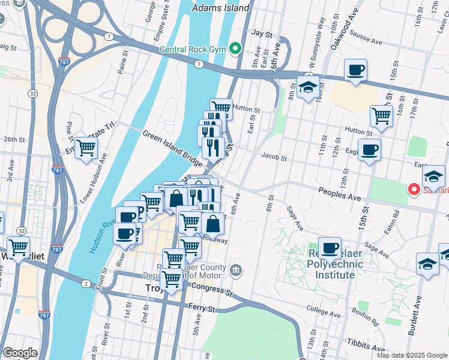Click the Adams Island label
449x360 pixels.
pyautogui.click(x=220, y=8)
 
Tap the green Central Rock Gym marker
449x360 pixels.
pyautogui.click(x=235, y=49)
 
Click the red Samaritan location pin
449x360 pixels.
pyautogui.click(x=414, y=190)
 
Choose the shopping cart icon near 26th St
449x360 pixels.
pyautogui.click(x=86, y=147)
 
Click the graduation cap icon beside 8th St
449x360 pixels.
pyautogui.click(x=308, y=87)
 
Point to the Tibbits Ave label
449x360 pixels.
pyautogui.click(x=366, y=347)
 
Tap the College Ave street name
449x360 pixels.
pyautogui.click(x=324, y=308)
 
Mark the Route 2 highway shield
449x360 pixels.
pyautogui.click(x=86, y=283)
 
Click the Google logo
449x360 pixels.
pyautogui.click(x=20, y=353)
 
